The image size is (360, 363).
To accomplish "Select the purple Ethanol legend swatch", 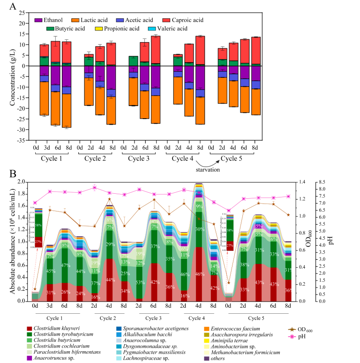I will pyautogui.click(x=38, y=20).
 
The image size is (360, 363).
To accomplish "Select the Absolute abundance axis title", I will pyautogui.click(x=9, y=241).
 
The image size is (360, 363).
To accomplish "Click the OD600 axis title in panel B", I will pyautogui.click(x=336, y=241).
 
